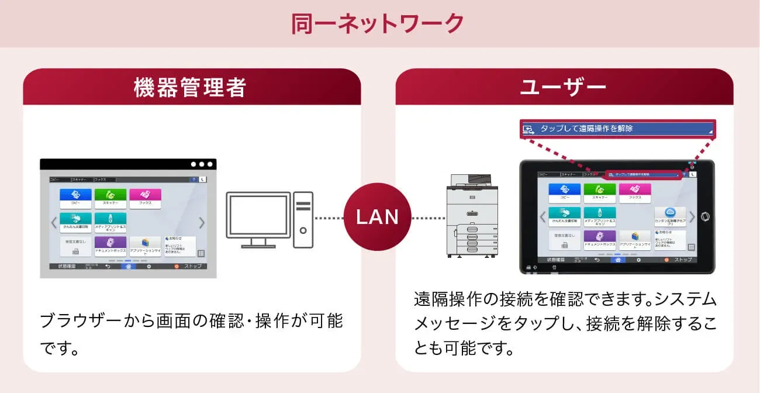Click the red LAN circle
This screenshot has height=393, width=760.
(x=378, y=218)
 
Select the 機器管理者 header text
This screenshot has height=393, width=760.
(x=190, y=88)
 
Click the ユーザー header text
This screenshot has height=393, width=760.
(x=563, y=88)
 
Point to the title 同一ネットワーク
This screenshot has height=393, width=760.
(x=378, y=23)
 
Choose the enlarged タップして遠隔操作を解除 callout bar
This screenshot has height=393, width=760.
(x=617, y=129)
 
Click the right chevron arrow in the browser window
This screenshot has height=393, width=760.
(x=202, y=223)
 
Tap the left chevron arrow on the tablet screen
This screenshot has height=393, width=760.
(x=543, y=217)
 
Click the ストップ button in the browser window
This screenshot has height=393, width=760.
(x=188, y=266)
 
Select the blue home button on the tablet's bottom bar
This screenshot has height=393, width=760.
(x=617, y=259)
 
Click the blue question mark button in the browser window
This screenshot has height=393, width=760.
(x=194, y=180)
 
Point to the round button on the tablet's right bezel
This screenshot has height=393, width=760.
(x=704, y=216)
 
